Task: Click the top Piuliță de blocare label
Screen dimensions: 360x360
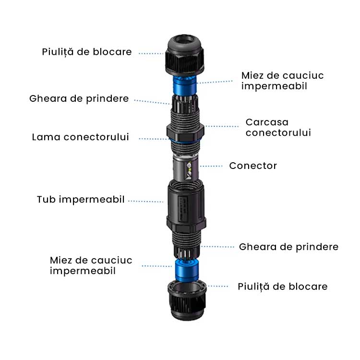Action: click(x=86, y=52)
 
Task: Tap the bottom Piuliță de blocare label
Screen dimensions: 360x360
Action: click(x=283, y=287)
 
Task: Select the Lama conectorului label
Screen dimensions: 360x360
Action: click(x=81, y=137)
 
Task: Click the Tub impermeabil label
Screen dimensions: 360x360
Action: click(x=81, y=199)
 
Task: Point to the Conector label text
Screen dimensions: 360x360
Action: click(x=253, y=166)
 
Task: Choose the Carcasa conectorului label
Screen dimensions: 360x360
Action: click(x=278, y=127)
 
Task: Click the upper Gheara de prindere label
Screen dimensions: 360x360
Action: click(x=79, y=98)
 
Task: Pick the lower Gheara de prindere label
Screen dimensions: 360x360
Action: click(x=288, y=247)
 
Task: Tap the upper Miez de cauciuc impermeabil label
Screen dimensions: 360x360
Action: click(x=282, y=81)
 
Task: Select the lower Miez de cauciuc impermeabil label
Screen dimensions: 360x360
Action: click(x=91, y=265)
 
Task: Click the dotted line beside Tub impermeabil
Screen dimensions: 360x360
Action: click(x=145, y=201)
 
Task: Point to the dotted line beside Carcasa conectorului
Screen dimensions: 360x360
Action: click(x=222, y=127)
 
